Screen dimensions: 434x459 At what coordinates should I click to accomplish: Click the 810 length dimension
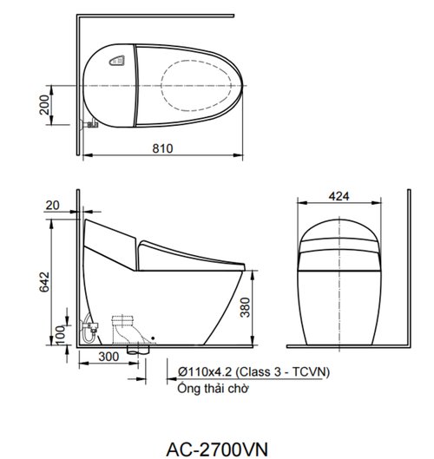pos(162,148)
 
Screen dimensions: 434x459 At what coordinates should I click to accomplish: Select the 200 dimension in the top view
pos(44,104)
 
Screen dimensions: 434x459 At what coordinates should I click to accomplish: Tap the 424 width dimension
pos(339,196)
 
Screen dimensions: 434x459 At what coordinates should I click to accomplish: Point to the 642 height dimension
pos(44,282)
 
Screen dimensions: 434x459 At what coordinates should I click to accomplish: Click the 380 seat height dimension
pos(246,307)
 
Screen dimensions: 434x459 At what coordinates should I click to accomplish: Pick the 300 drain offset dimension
pos(108,357)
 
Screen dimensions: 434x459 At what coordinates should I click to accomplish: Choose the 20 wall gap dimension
pos(52,206)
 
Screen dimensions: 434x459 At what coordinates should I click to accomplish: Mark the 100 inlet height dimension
pos(60,336)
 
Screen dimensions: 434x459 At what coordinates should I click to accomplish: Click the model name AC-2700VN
pos(217,449)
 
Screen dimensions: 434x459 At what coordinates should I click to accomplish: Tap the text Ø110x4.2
pos(205,371)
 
